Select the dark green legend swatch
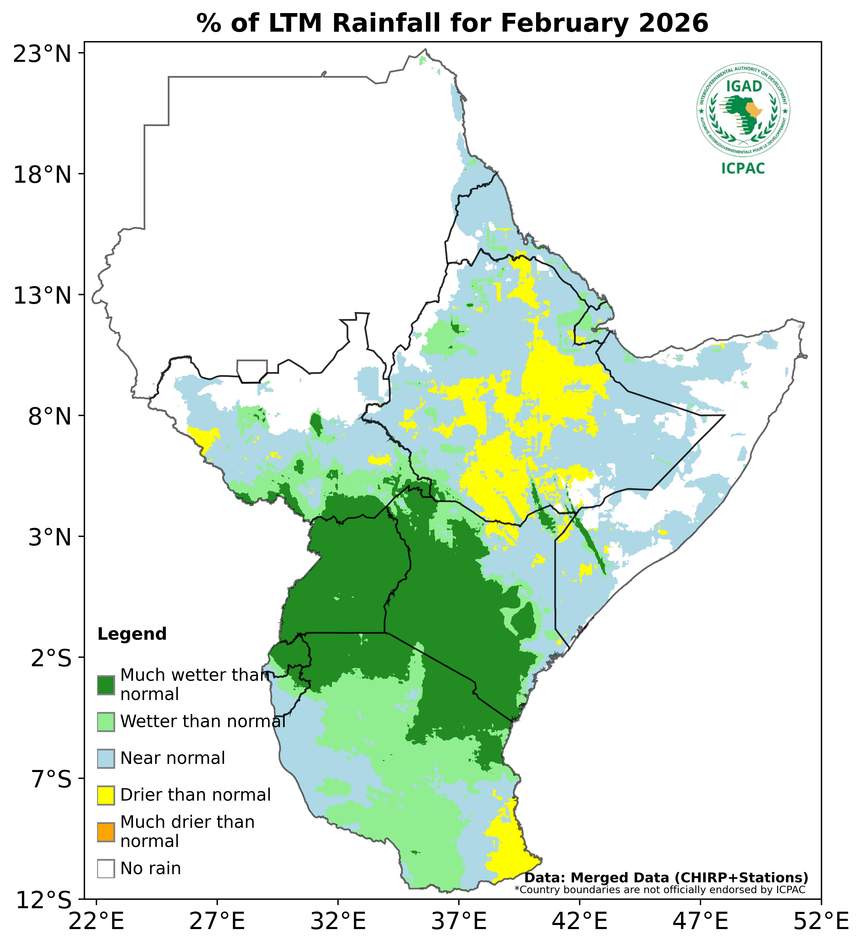pyautogui.click(x=106, y=685)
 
